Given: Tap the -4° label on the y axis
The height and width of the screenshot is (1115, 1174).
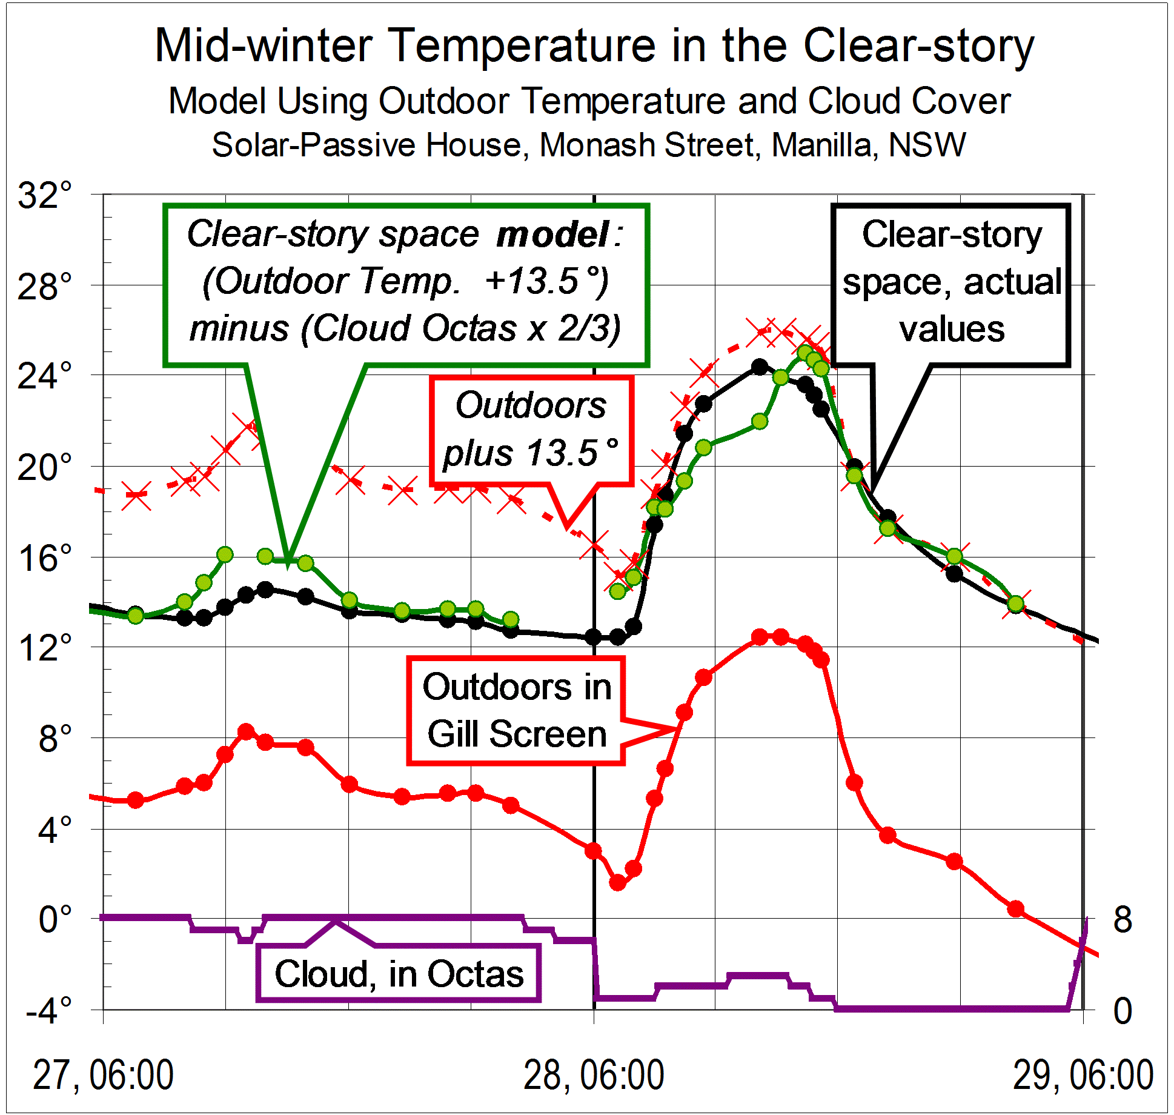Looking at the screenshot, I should [x=48, y=1011].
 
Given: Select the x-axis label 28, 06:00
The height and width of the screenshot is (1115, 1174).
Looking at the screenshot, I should [x=593, y=1075].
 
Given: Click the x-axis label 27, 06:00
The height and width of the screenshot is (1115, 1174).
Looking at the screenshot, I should [x=103, y=1075].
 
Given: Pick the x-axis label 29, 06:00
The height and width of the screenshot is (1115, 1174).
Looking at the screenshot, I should [x=1083, y=1075].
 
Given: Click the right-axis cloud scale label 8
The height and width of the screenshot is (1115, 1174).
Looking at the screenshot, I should [x=1122, y=920].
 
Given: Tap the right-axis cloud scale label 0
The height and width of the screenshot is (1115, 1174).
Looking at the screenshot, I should [x=1122, y=1011].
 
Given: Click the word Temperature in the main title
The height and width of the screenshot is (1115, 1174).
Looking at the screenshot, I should [x=522, y=46].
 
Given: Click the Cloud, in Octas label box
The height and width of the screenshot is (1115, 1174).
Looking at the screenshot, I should [x=399, y=974].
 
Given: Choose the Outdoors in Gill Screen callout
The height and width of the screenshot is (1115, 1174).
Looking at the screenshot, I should [x=517, y=711].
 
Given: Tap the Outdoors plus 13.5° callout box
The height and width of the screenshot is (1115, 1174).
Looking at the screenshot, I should [x=531, y=430].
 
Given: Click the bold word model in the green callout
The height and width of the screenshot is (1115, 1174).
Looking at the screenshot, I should [x=552, y=235].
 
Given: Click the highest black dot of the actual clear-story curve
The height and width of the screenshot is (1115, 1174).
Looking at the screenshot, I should [x=760, y=367].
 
